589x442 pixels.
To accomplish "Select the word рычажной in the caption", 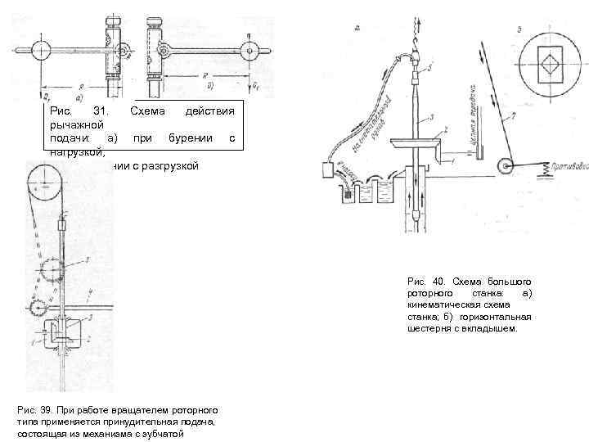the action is pos(73,124).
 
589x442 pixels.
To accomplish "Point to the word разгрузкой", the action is pos(172,166).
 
